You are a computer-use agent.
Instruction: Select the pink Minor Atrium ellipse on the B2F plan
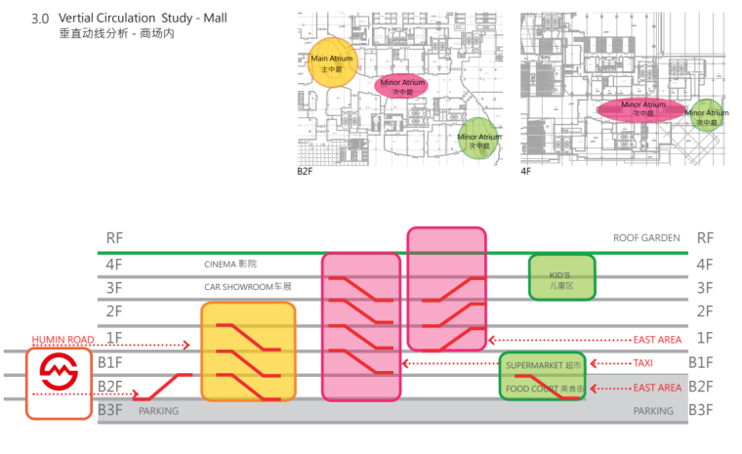(x=408, y=85)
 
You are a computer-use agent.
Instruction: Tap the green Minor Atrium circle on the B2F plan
(x=479, y=138)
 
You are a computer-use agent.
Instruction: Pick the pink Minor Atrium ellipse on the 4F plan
(x=642, y=107)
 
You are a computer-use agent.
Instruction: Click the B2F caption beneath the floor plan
(x=306, y=171)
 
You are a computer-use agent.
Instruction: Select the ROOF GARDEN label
(x=645, y=237)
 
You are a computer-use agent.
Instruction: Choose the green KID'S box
(x=561, y=276)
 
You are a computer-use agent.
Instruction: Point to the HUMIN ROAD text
(x=62, y=339)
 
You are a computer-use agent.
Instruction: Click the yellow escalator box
(x=248, y=351)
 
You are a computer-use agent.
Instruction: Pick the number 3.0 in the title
(x=40, y=19)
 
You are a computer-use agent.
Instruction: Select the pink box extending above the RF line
(x=446, y=288)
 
